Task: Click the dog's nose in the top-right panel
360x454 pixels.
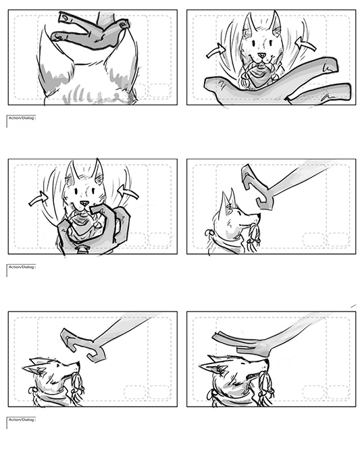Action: click(x=261, y=55)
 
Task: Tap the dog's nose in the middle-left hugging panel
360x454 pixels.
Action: click(x=84, y=203)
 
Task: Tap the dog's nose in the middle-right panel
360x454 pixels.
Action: click(x=257, y=216)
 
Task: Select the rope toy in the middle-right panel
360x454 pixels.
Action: click(x=253, y=235)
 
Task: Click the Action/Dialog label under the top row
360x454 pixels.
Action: click(x=22, y=118)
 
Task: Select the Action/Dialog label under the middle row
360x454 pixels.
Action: click(x=22, y=267)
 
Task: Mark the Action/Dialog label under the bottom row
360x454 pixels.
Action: click(x=22, y=420)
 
